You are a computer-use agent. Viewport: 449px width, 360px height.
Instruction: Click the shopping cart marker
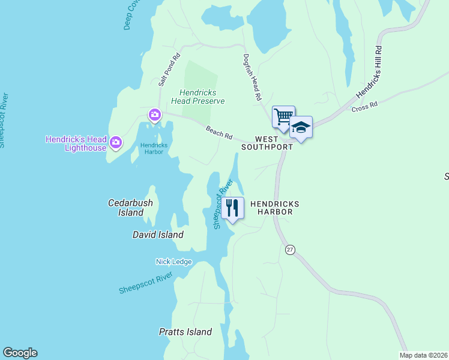(283, 116)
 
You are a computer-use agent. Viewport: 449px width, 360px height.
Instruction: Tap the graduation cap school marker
(301, 127)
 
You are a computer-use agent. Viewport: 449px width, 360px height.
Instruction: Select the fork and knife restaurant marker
(232, 208)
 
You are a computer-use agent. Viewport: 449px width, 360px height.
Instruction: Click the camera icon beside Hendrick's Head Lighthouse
(116, 143)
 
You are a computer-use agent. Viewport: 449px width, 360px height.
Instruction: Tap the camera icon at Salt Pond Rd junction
(155, 115)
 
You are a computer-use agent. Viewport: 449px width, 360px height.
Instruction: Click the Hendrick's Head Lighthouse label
(76, 143)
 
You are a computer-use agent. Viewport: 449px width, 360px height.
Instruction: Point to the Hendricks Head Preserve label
(202, 97)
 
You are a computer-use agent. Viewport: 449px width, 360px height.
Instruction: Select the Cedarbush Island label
(130, 208)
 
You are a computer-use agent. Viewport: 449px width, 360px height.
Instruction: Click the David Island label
(158, 235)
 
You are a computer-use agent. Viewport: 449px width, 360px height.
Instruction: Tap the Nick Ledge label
(173, 262)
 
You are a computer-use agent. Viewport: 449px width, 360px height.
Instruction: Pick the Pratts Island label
(185, 332)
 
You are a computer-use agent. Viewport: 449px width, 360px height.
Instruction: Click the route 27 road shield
(291, 250)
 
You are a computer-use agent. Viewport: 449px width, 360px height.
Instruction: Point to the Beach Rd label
(219, 132)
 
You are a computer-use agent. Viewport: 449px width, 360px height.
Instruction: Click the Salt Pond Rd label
(169, 71)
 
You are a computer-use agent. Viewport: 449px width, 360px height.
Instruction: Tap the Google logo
(20, 353)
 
